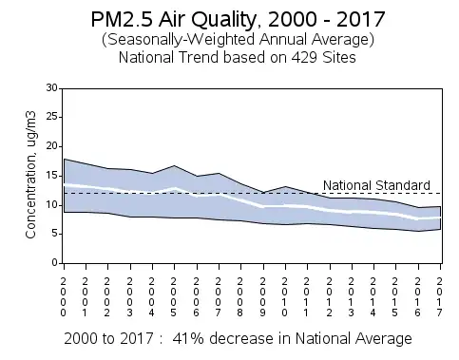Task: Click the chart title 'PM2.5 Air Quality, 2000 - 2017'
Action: [x=238, y=19]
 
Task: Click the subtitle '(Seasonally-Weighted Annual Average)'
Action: [x=238, y=40]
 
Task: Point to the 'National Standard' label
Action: [x=376, y=185]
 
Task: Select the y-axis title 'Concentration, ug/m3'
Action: [x=31, y=175]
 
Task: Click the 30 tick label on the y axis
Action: [x=52, y=87]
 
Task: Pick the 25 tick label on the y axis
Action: [x=52, y=117]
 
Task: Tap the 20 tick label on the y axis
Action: [x=52, y=146]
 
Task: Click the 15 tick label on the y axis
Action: [x=52, y=176]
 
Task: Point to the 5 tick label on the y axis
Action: [x=55, y=234]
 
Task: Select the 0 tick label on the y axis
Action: [x=55, y=263]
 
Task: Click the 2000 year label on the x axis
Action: [x=64, y=297]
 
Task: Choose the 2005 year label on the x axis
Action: [x=173, y=297]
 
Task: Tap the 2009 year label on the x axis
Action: [x=263, y=297]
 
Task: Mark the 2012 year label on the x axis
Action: [x=330, y=297]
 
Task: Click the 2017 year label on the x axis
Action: [x=439, y=297]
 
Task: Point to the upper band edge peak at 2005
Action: [x=174, y=165]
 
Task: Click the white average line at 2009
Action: [x=263, y=206]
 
